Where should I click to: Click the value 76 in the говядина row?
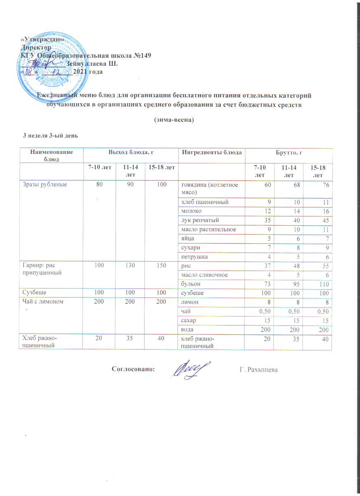tap(326, 184)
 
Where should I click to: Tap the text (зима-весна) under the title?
tap(174, 119)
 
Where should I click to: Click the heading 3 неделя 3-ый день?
tap(50, 136)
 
